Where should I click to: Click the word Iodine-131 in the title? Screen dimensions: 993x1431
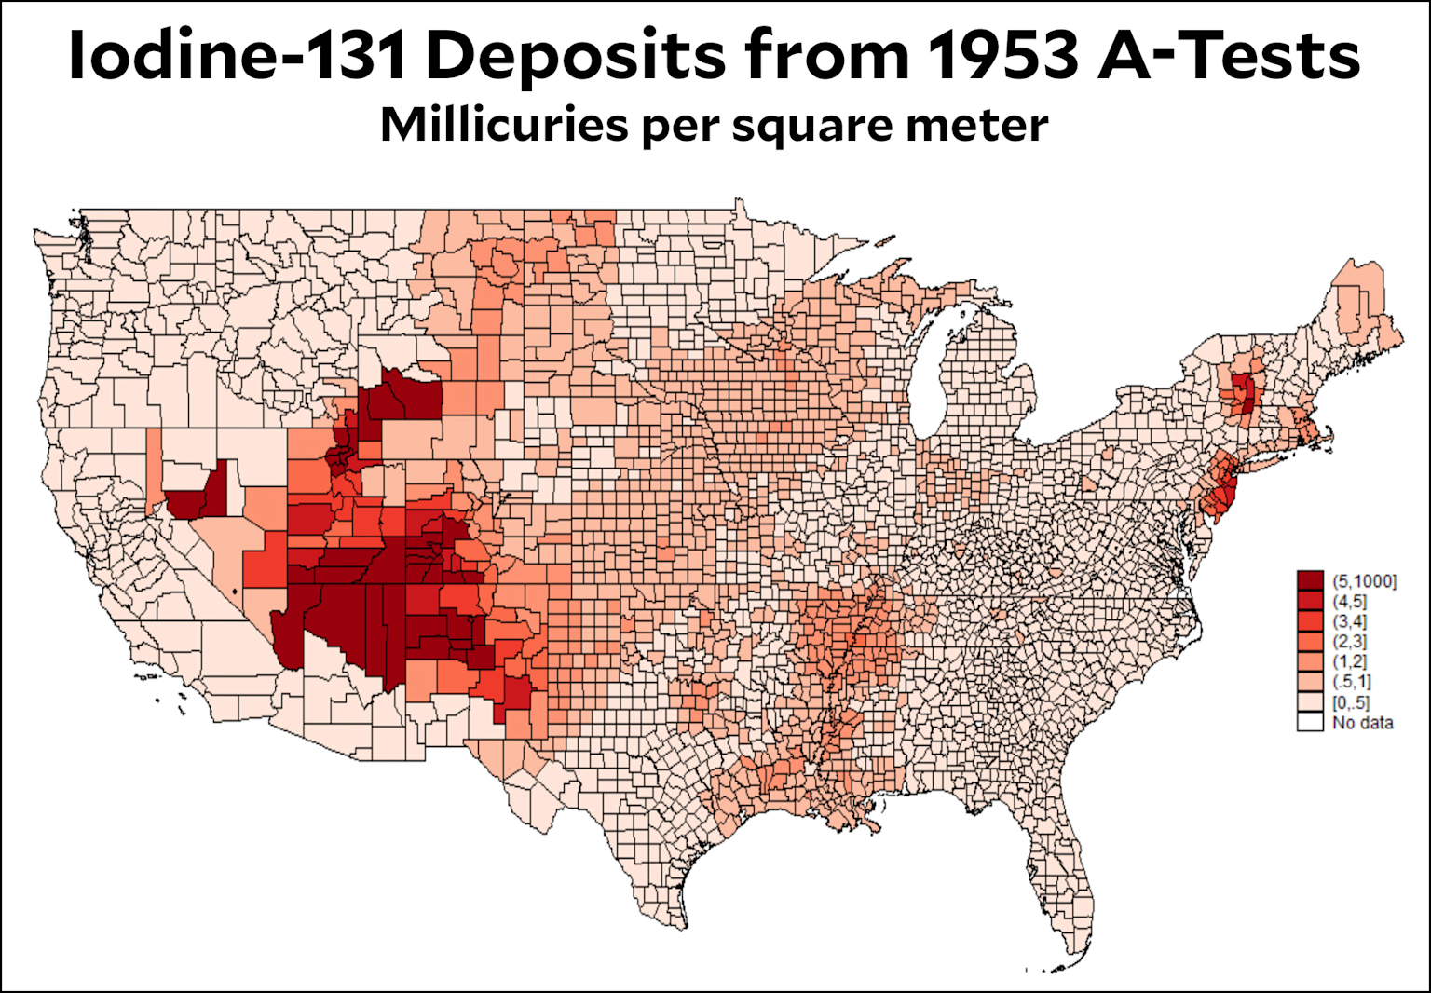coord(238,56)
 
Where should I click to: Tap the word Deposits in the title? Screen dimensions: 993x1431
coord(575,56)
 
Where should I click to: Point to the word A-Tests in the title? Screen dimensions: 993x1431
coord(1229,56)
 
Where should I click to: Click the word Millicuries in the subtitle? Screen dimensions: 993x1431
coord(503,125)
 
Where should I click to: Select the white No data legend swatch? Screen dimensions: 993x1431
coord(1310,722)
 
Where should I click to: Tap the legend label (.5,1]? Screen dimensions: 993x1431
coord(1351,682)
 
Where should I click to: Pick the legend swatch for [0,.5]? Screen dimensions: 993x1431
coord(1310,702)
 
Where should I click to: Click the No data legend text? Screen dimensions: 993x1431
coord(1362,723)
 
